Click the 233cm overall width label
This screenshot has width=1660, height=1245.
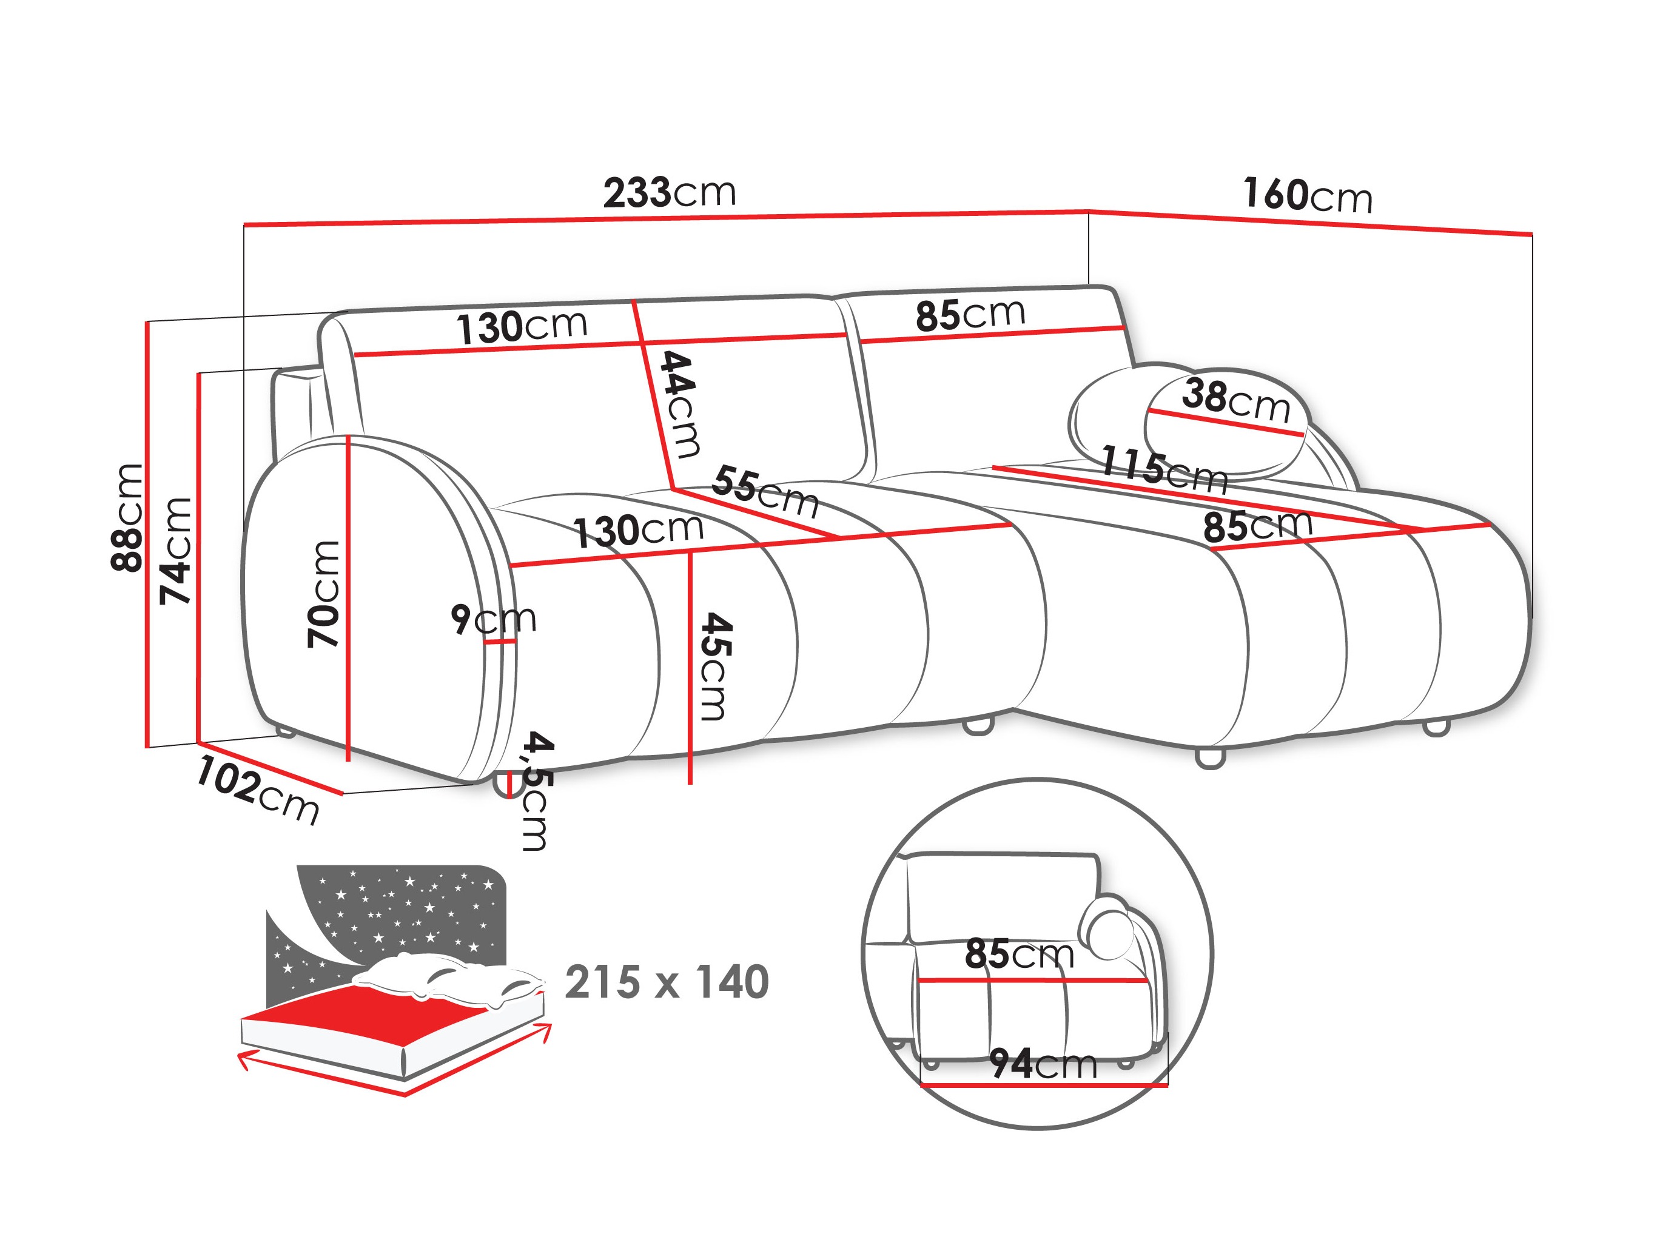[x=670, y=193]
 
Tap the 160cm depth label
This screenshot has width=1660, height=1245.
[x=1307, y=196]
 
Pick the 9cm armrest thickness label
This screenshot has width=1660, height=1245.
[x=493, y=619]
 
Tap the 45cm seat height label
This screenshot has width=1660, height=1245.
[x=714, y=666]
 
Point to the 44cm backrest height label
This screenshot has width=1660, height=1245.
[x=679, y=404]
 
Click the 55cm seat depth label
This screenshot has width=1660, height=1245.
[x=765, y=492]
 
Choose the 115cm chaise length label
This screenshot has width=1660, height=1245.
[x=1163, y=470]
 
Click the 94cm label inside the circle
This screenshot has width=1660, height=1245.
[x=1043, y=1064]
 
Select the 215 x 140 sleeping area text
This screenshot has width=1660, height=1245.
[x=667, y=982]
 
